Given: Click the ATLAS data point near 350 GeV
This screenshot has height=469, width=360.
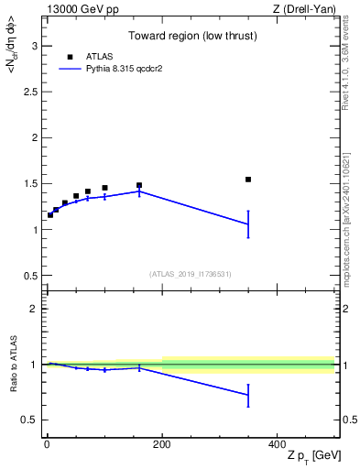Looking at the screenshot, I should pyautogui.click(x=248, y=180).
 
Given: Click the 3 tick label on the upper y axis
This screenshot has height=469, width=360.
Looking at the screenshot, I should pyautogui.click(x=37, y=46).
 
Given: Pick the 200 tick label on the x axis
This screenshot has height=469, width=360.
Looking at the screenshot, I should pyautogui.click(x=162, y=444).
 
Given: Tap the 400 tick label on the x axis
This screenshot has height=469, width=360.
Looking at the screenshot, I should pyautogui.click(x=277, y=444).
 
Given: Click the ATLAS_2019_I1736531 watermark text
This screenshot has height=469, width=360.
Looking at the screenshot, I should pyautogui.click(x=190, y=274).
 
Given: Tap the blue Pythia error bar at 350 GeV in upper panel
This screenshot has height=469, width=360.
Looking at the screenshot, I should pyautogui.click(x=248, y=224).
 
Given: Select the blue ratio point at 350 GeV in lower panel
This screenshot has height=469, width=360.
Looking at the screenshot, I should pyautogui.click(x=248, y=395).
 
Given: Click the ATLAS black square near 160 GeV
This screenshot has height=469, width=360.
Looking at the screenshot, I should pyautogui.click(x=139, y=185).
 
